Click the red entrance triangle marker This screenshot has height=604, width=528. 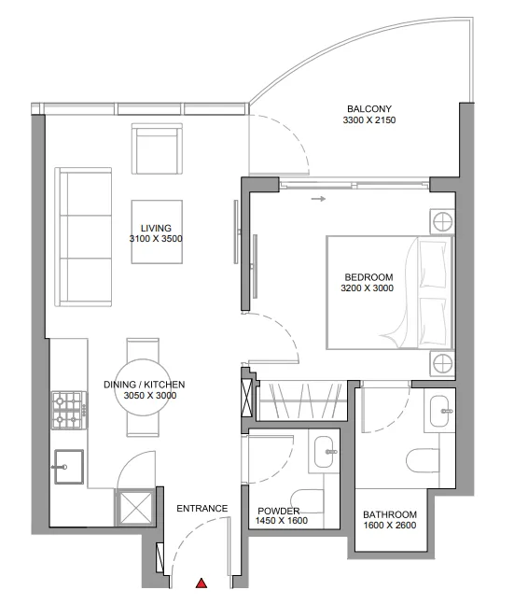point(201,583)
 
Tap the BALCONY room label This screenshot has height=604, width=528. point(369,109)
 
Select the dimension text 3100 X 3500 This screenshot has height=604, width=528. point(156,239)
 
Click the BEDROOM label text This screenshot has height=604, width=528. point(368,277)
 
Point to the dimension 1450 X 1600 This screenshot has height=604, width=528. point(282,521)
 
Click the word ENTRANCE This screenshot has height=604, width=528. point(202,509)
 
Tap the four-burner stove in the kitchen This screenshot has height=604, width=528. point(70,410)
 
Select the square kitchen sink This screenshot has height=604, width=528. point(68,467)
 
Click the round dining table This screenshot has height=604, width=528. point(143,387)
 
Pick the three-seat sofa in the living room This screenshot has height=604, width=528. point(83,237)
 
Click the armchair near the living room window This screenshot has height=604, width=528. point(157,148)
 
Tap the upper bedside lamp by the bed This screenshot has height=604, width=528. point(442,221)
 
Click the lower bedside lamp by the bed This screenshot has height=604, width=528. point(442,363)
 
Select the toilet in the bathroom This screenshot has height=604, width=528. point(423,460)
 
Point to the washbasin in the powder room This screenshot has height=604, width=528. point(324,452)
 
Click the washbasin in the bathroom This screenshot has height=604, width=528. point(439,411)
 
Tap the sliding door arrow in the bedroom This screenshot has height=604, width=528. point(318,199)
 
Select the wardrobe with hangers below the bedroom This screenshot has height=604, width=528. point(303,400)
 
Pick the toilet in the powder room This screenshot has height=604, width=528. point(307,501)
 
